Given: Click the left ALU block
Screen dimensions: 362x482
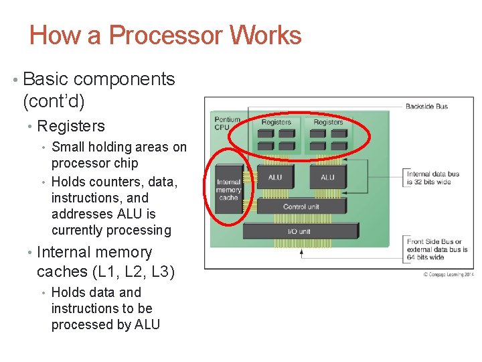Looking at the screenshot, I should click(275, 178).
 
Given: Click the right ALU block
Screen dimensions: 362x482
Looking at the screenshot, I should click(327, 178).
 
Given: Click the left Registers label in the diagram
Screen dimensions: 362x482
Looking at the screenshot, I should click(276, 122).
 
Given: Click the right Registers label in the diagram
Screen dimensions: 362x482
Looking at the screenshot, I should click(328, 122).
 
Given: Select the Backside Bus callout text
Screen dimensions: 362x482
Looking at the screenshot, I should click(426, 106).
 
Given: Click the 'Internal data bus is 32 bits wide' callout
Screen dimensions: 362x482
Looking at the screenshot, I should click(433, 178).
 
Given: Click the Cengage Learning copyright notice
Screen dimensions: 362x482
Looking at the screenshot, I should click(448, 274).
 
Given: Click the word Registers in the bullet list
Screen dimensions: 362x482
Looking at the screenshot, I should click(71, 126).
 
